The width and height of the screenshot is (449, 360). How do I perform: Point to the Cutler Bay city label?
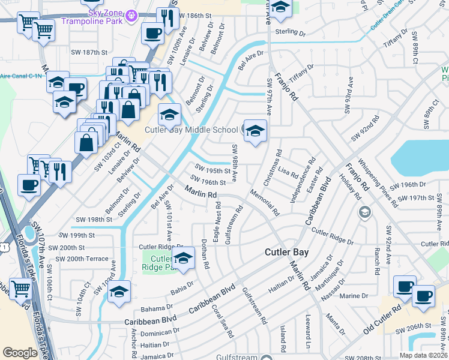point(287,253)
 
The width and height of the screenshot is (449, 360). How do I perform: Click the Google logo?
point(20,353)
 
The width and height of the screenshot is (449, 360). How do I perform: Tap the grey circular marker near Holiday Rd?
point(364,212)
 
